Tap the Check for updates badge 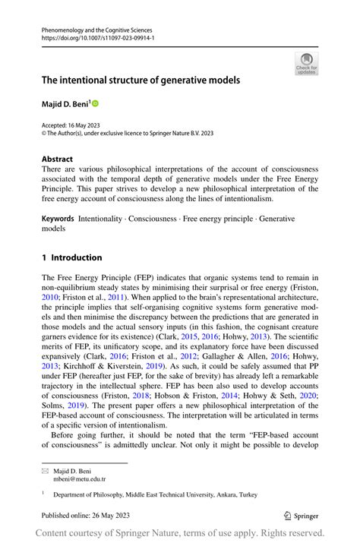[306, 64]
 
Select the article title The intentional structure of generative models [141, 80]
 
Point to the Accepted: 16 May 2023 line [71, 125]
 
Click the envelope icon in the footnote [45, 471]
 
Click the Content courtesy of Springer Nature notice [180, 534]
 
